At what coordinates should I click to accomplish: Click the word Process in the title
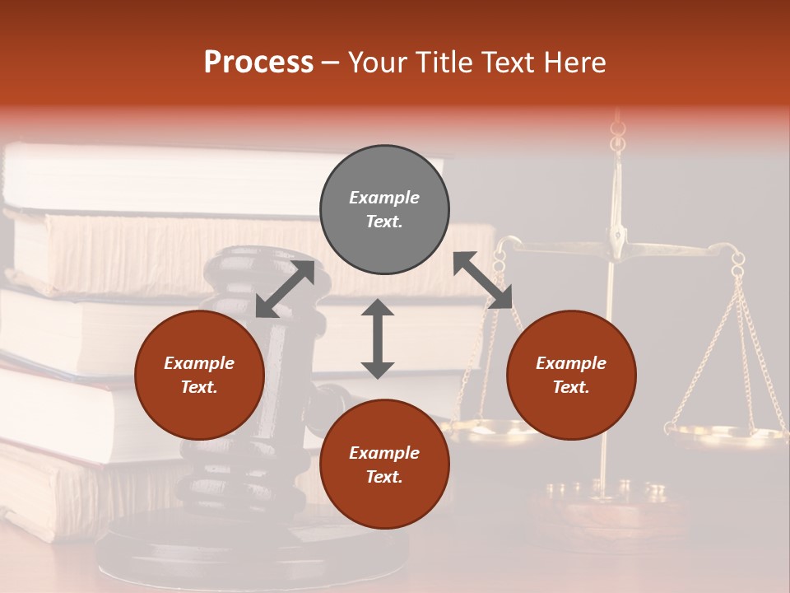(258, 63)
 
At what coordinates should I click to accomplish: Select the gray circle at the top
(384, 210)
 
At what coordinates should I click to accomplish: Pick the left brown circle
(199, 375)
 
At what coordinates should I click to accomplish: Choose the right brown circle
(571, 375)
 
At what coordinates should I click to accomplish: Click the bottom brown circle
(384, 465)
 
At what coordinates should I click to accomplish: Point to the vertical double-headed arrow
(378, 339)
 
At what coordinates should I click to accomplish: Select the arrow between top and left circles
(285, 289)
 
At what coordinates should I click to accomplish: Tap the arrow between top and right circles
(482, 280)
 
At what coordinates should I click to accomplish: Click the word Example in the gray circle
(384, 198)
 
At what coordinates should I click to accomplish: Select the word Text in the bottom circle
(384, 477)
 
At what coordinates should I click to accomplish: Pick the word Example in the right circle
(571, 363)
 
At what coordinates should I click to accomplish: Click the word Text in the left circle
(199, 387)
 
